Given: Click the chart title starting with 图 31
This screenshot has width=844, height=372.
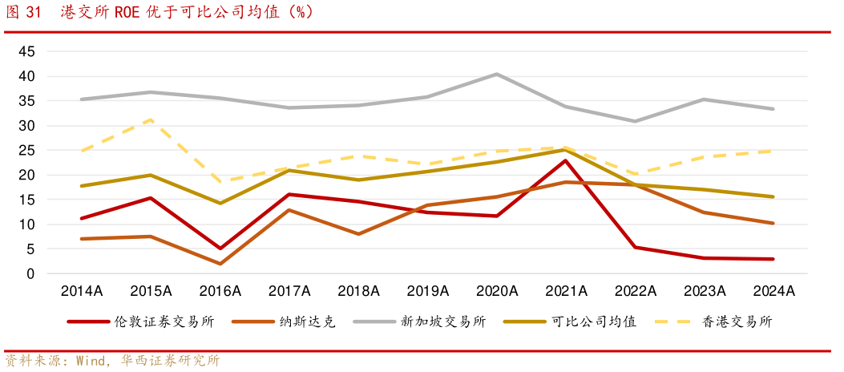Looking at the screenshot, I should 160,12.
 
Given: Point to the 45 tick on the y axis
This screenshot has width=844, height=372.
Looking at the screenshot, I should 26,51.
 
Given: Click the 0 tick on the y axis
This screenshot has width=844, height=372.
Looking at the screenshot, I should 30,274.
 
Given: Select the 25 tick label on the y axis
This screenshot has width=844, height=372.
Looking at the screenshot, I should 26,151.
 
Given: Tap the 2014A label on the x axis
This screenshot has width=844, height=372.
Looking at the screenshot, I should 82,291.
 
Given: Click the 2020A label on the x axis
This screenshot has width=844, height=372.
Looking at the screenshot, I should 497,291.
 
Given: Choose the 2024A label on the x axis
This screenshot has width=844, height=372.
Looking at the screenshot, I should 773,291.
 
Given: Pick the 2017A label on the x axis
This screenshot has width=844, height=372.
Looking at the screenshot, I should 289,291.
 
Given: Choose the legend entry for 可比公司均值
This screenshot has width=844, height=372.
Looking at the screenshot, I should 594,321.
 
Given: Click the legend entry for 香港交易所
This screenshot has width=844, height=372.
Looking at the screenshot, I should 737,321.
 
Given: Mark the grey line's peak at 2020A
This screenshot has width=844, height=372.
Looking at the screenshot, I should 497,75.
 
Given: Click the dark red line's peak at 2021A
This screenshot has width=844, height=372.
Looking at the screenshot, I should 566,160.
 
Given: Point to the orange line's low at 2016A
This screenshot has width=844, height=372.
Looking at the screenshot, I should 220,264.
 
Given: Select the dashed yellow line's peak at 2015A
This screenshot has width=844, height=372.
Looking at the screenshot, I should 151,119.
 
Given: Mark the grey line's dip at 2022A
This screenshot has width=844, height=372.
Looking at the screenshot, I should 635,121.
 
